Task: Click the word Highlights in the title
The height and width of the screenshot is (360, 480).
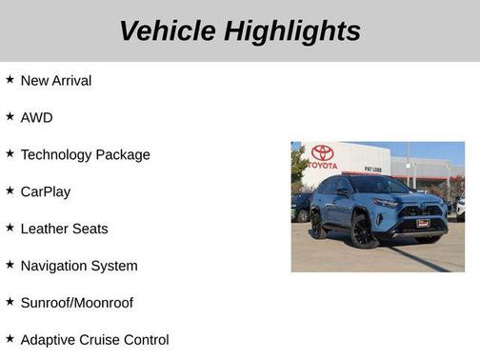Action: pos(293,30)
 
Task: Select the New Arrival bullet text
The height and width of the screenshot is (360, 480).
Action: pos(56,81)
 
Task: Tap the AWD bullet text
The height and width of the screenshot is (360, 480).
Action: pos(37,118)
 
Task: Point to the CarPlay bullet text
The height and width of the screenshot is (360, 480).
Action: pos(46,191)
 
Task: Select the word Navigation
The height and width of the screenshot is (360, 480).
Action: pos(56,266)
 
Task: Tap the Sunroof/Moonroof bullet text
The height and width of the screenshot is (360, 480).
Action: pos(77,303)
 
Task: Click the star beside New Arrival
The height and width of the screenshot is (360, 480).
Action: pos(10,80)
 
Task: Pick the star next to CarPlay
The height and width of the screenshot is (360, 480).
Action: pos(10,190)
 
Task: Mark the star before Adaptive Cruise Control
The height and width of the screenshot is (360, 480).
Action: pos(10,339)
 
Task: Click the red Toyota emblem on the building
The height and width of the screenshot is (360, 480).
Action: pos(323,152)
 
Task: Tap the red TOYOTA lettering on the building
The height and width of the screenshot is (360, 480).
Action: pos(323,165)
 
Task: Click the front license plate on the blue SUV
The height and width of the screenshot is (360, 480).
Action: pos(422,223)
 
